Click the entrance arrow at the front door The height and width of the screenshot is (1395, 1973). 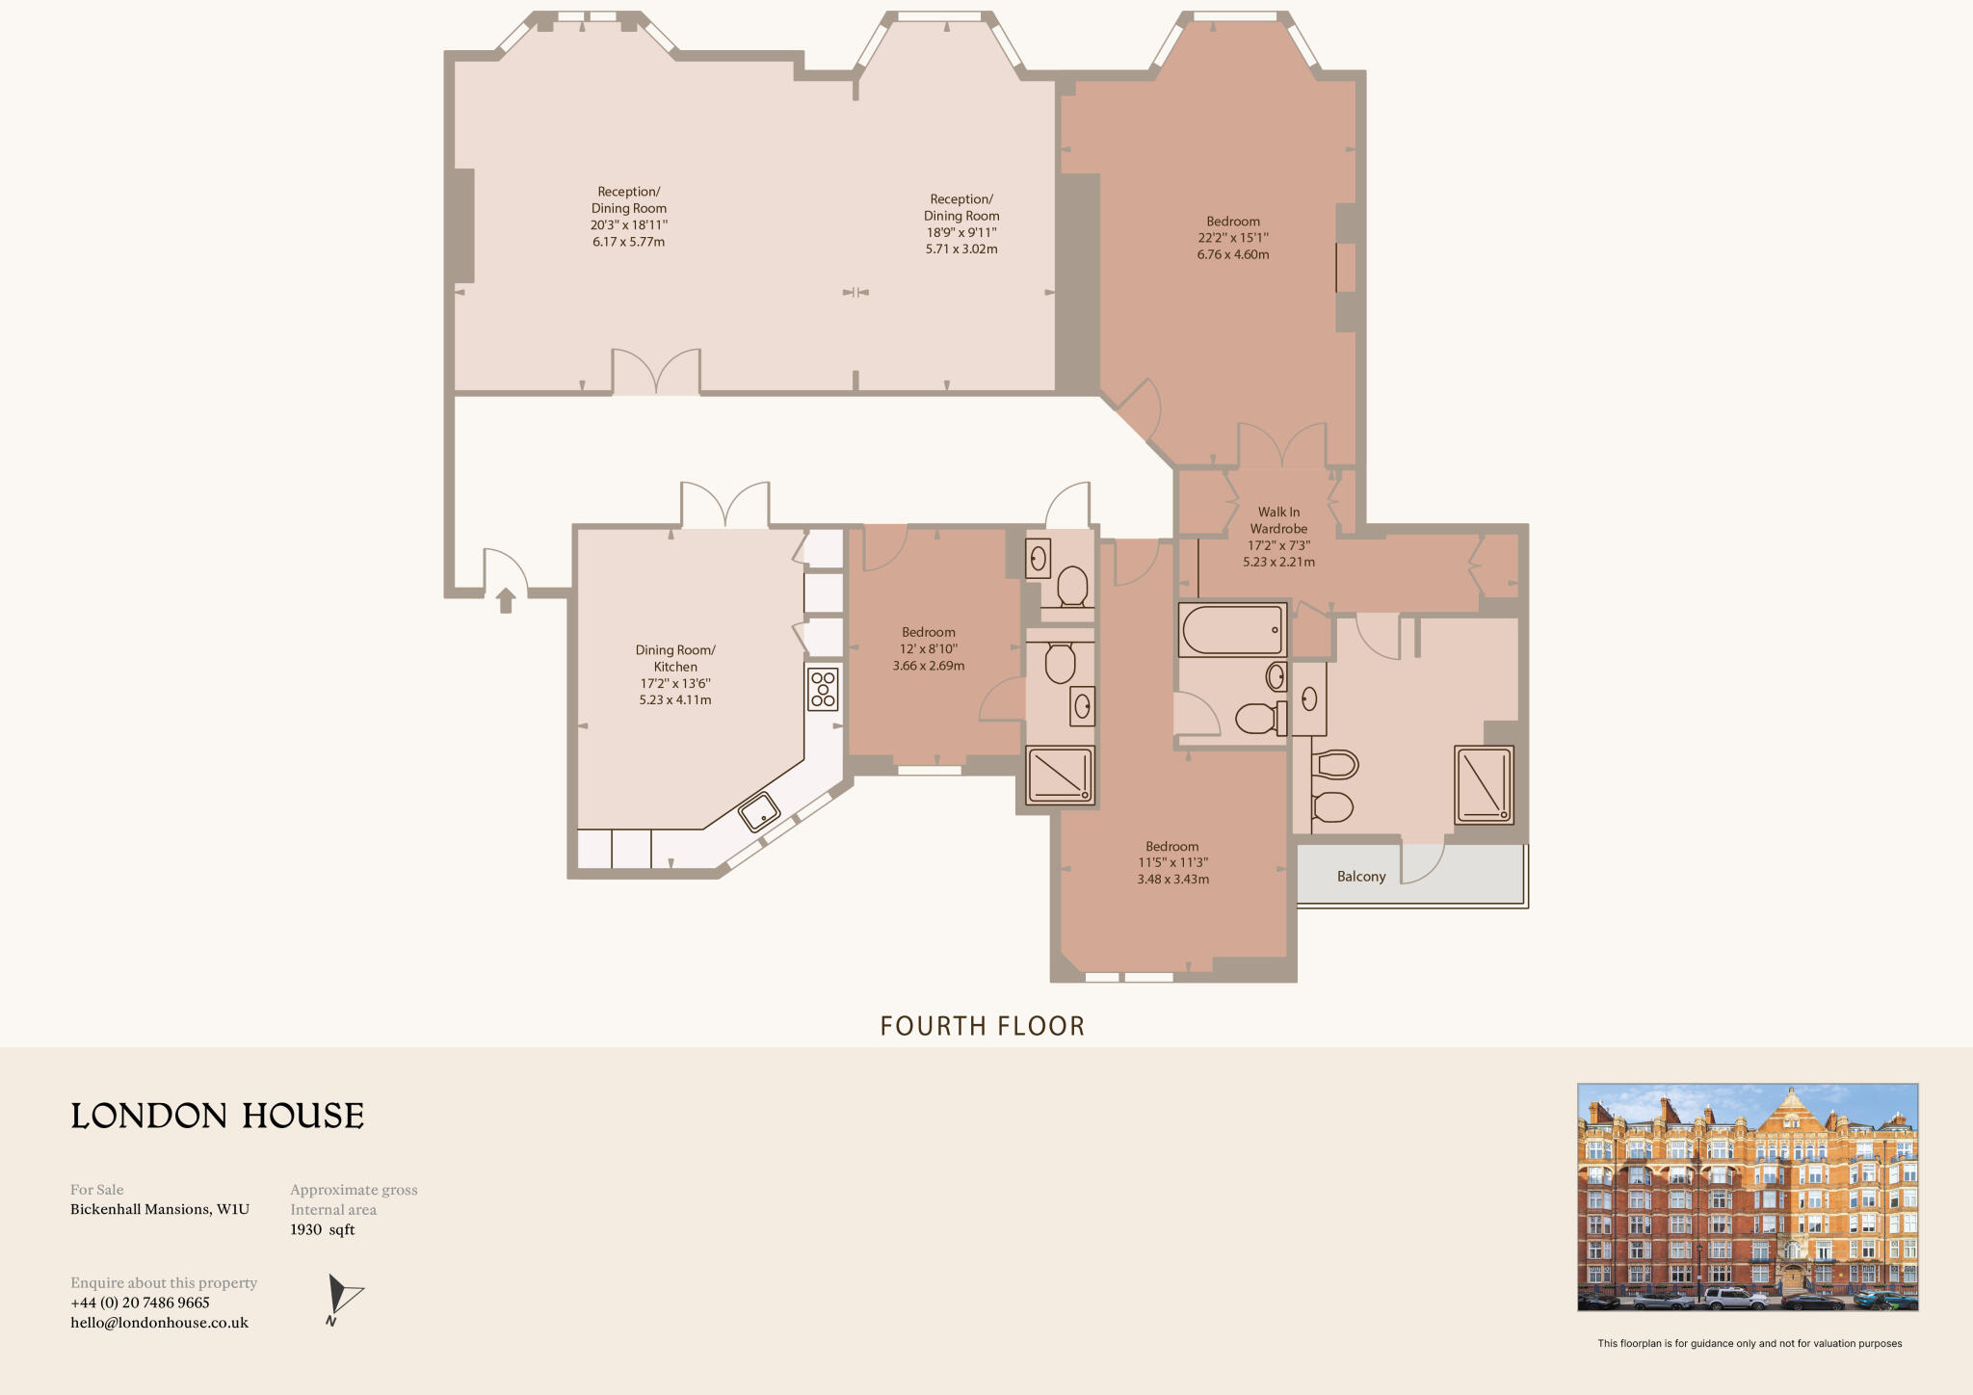tap(506, 601)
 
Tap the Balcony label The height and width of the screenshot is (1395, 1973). tap(1360, 877)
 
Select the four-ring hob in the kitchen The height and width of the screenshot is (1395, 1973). tap(823, 690)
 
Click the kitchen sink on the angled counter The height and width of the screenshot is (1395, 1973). tap(759, 811)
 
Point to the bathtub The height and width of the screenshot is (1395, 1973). tap(1232, 630)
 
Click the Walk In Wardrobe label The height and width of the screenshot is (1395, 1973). tap(1278, 520)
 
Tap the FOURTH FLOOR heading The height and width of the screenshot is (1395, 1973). tap(982, 1026)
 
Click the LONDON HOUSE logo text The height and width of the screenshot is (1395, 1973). tap(218, 1116)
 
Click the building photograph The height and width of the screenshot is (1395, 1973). tap(1747, 1197)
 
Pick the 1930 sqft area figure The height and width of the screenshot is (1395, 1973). tap(323, 1230)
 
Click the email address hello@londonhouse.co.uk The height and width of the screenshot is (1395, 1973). tap(159, 1323)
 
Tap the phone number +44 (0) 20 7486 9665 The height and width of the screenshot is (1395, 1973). tap(140, 1303)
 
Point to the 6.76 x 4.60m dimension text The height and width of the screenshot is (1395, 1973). tap(1233, 254)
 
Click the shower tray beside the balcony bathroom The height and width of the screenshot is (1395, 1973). tap(1484, 784)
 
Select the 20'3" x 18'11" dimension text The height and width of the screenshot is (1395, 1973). tap(628, 225)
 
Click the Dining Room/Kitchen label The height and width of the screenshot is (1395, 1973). tap(675, 658)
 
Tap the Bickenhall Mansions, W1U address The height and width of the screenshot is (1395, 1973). tap(160, 1209)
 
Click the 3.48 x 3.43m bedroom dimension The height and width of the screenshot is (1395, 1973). tap(1172, 880)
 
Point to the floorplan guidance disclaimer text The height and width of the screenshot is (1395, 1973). tap(1749, 1343)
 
